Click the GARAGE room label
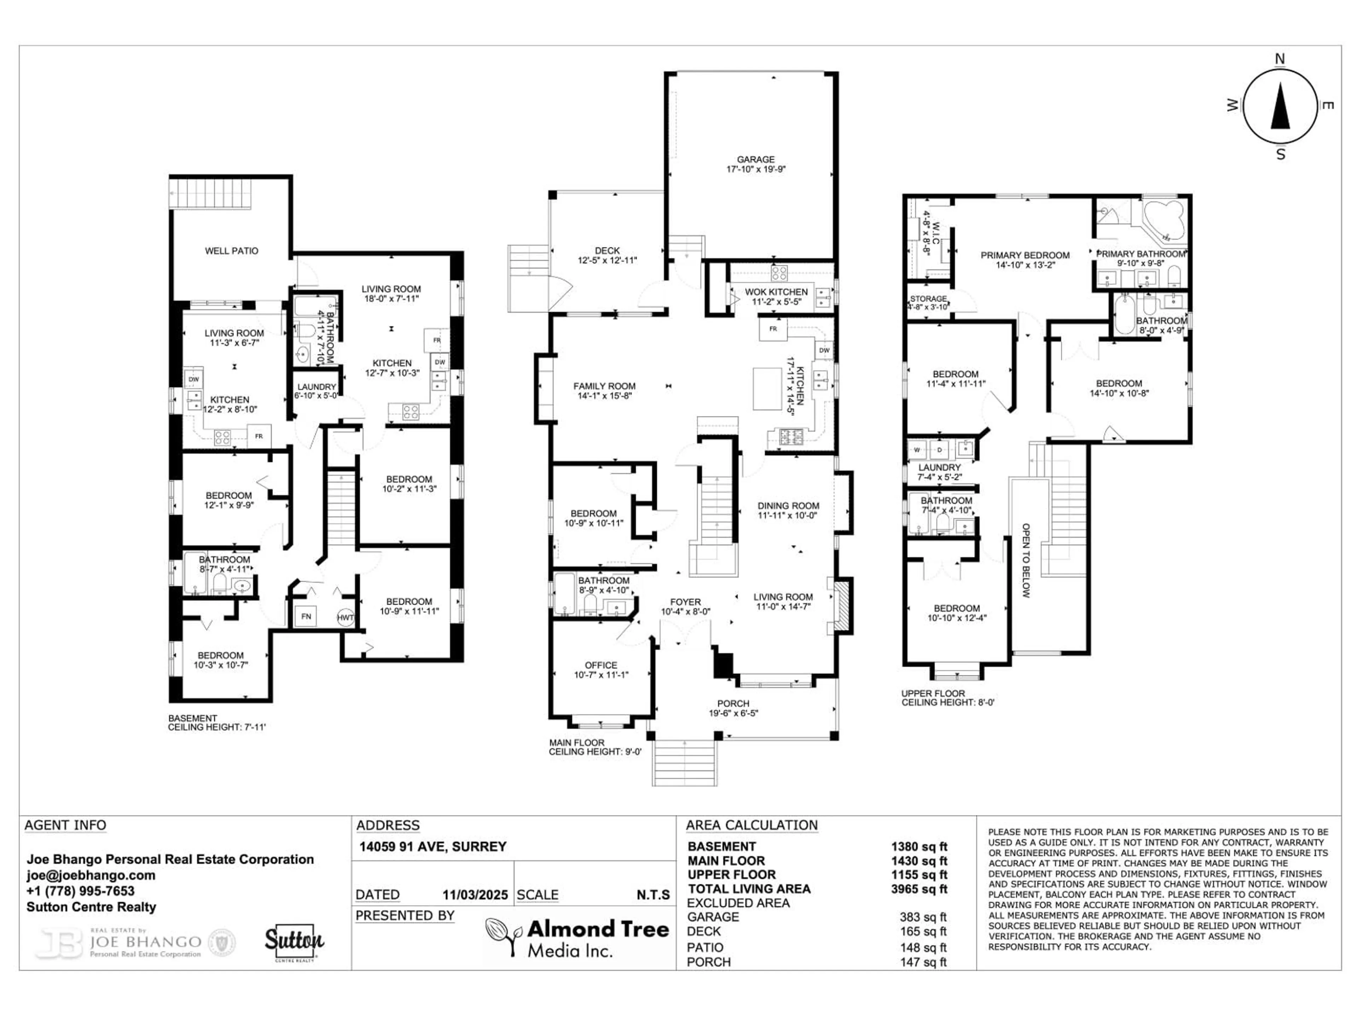point(756,160)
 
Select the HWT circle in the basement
point(346,617)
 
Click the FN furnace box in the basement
point(306,616)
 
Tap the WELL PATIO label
point(231,251)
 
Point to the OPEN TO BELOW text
point(1025,560)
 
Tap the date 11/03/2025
point(475,895)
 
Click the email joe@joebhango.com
point(90,875)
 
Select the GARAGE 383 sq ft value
point(923,917)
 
